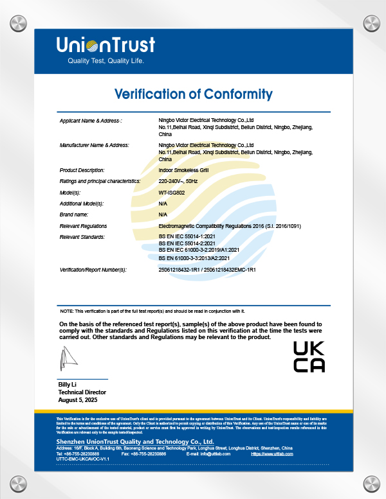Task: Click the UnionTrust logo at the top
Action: pos(106,44)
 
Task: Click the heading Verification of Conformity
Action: pos(193,94)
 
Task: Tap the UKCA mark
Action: pos(309,356)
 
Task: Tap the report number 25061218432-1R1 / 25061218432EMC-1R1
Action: pos(207,270)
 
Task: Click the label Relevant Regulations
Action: pos(83,226)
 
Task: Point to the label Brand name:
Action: pos(73,214)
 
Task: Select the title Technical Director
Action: pos(82,392)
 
